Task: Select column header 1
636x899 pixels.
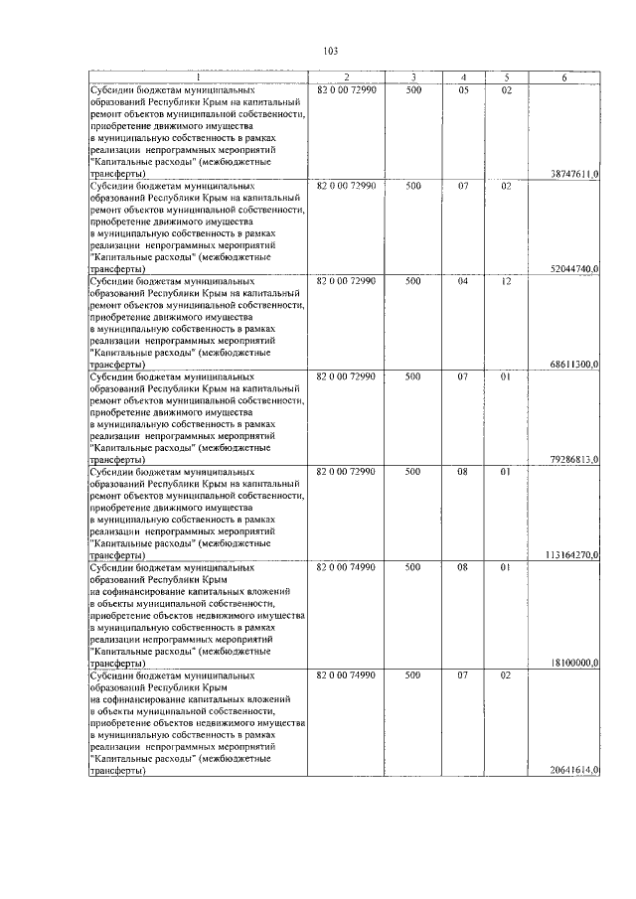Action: (198, 77)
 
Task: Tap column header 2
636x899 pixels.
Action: (346, 77)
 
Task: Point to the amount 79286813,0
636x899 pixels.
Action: (573, 460)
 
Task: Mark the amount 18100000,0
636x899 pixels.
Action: (573, 663)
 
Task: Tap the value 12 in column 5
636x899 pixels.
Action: (506, 281)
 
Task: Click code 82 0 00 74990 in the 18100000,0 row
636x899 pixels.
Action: (346, 567)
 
